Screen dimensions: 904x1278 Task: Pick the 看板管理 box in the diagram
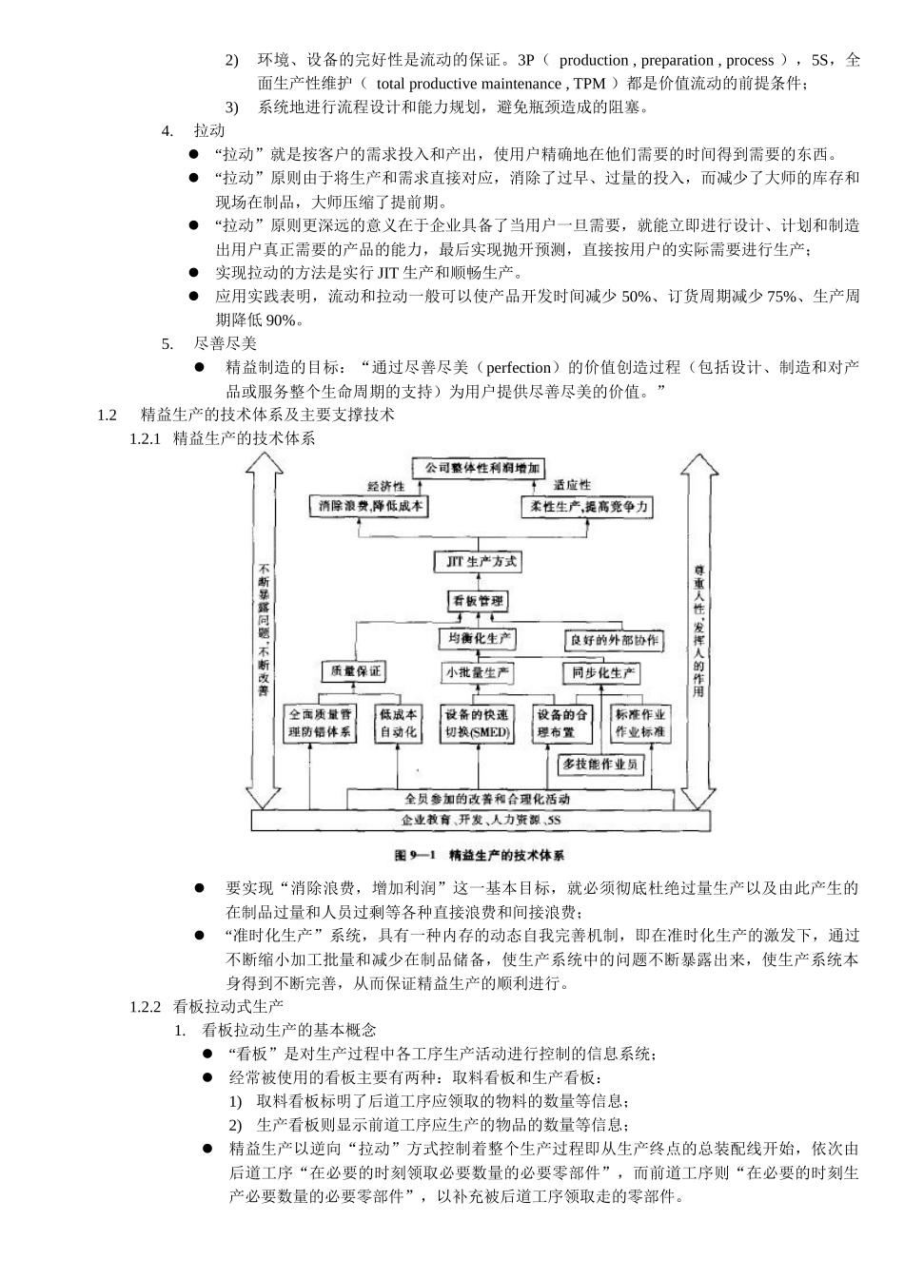point(478,601)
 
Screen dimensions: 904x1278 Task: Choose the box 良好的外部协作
point(614,640)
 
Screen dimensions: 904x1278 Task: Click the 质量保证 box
point(353,671)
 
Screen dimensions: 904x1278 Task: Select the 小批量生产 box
point(478,673)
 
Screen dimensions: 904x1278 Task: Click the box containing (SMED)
point(478,724)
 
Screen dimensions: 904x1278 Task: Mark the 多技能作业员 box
point(599,764)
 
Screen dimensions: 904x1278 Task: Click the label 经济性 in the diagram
point(386,486)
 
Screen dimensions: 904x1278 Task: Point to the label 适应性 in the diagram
point(572,486)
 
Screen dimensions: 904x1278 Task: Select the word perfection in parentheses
point(520,368)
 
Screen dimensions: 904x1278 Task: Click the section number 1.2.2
point(147,1006)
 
